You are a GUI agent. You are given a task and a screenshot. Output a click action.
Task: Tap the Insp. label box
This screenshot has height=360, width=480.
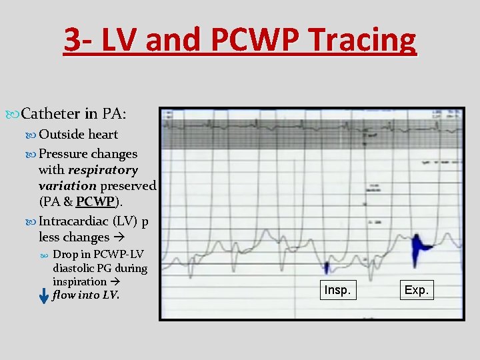[x=337, y=291]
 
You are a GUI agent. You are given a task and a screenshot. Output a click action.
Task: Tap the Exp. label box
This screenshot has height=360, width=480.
[x=418, y=291]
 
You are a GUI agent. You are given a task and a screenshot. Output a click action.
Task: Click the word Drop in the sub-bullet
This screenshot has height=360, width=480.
[x=65, y=254]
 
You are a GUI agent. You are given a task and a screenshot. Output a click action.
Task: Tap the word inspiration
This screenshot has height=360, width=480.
[x=79, y=281]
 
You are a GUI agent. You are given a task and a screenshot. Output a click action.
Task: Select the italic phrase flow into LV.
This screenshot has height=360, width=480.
[x=85, y=295]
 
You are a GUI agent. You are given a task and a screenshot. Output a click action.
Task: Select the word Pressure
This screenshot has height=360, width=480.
[x=63, y=153]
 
